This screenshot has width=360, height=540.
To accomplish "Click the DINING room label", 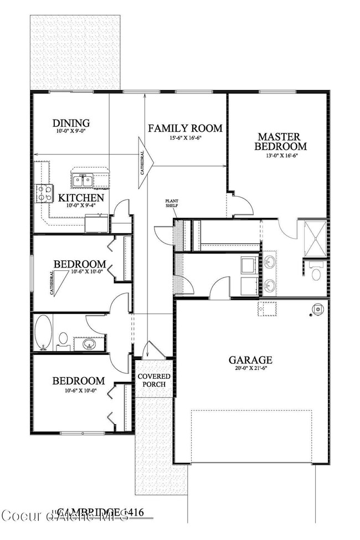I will [71, 123].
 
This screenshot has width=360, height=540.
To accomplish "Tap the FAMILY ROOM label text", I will [185, 128].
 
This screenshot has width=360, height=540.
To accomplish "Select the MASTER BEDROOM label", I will [280, 141].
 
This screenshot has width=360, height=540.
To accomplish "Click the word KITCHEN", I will [81, 198].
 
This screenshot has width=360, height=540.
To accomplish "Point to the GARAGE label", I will [251, 359].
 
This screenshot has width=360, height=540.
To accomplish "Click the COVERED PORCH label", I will [155, 380].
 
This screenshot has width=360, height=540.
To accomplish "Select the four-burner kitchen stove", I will [44, 193].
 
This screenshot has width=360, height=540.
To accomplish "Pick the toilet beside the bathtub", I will [63, 339].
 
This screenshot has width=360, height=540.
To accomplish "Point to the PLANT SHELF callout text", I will [171, 203].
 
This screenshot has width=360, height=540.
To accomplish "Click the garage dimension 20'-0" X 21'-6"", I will [251, 369].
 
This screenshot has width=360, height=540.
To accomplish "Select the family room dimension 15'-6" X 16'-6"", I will [185, 138].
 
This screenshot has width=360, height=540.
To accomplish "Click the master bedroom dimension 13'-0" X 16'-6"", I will [280, 156].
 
